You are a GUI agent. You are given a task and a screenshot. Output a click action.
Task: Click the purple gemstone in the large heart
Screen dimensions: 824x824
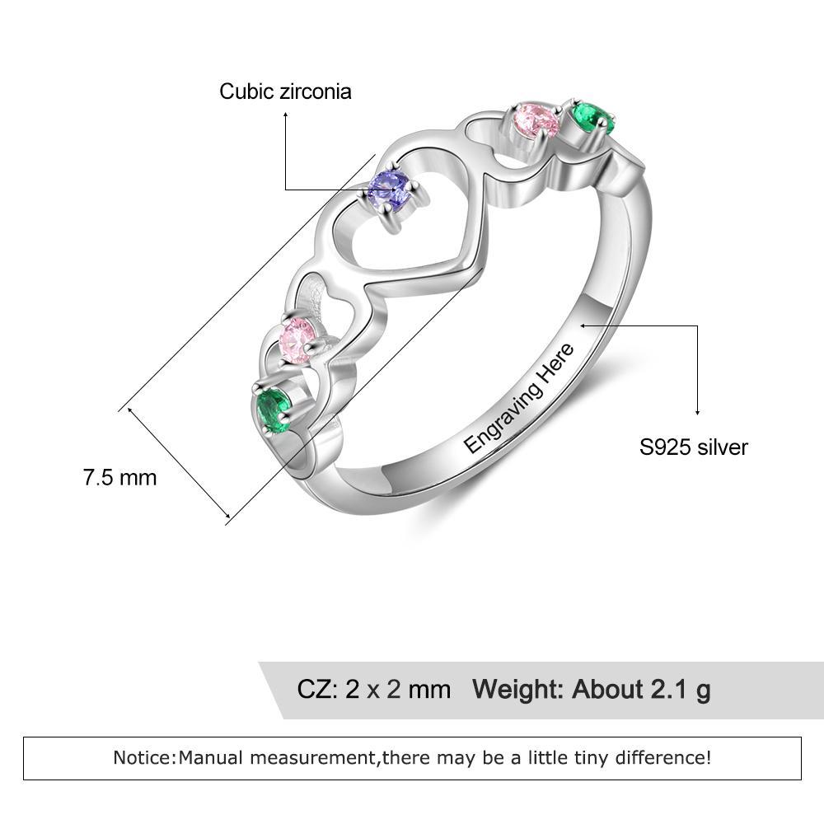389,191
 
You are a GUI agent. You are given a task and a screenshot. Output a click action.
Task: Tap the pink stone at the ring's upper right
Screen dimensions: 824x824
536,120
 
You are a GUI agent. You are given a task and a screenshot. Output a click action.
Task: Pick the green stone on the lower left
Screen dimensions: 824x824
273,410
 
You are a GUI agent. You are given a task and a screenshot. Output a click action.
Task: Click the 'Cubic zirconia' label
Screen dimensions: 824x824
285,91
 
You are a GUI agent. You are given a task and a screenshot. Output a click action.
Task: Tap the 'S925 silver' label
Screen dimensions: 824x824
693,447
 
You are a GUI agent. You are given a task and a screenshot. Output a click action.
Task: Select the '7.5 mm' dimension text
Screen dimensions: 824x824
119,478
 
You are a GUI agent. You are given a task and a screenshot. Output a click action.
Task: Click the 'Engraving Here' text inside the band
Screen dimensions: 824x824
519,398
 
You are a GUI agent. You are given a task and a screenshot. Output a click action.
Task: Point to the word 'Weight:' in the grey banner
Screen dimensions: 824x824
518,689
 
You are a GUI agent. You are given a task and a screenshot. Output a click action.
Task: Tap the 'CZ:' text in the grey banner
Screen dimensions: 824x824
317,689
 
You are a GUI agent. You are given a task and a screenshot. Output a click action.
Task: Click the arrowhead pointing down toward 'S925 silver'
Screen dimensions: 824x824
697,411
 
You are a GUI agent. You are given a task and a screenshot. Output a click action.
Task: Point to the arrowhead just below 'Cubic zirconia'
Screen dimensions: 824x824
285,115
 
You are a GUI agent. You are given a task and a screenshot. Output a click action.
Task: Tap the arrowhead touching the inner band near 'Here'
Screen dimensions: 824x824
584,325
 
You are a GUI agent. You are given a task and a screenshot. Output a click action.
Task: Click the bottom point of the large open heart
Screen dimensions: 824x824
365,287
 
